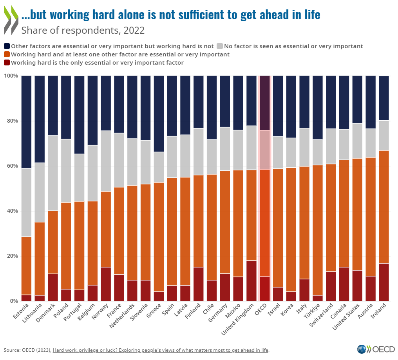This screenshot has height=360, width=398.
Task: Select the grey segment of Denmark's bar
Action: (53, 173)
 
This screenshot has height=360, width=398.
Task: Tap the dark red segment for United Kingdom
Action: (251, 280)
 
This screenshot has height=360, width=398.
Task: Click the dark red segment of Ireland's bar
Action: (384, 282)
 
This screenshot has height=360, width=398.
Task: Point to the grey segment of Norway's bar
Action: (106, 161)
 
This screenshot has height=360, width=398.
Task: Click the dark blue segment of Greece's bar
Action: (159, 114)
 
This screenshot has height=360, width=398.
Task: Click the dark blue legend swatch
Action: (7, 46)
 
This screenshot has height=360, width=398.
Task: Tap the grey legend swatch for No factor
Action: (220, 46)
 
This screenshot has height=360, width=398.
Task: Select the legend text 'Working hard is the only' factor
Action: (97, 62)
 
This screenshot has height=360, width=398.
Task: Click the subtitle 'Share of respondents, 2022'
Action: (83, 30)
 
